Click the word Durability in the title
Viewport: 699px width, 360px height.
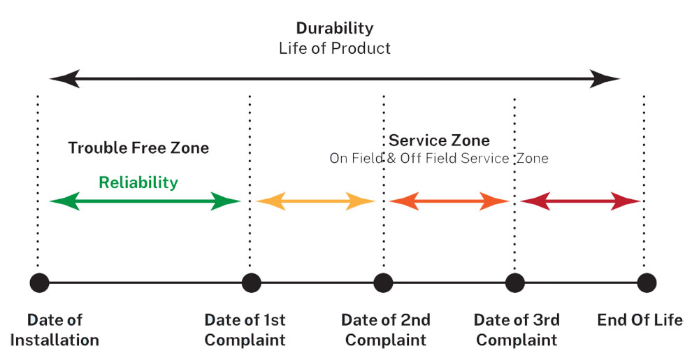334,29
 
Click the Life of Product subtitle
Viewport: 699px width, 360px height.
334,48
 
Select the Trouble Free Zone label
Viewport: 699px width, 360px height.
138,148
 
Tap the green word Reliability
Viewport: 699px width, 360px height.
138,183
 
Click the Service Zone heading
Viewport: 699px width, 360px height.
439,141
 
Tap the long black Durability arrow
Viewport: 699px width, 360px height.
334,78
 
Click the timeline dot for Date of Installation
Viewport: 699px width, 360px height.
39,283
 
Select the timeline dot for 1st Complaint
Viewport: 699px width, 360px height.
250,283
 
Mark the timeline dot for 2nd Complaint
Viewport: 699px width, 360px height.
383,283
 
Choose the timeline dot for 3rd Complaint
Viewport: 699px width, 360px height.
515,283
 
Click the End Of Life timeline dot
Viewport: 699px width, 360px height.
646,283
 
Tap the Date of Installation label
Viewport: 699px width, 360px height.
55,330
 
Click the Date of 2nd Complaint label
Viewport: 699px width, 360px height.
386,330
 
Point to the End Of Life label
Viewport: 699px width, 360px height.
640,320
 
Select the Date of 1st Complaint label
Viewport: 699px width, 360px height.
245,330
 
